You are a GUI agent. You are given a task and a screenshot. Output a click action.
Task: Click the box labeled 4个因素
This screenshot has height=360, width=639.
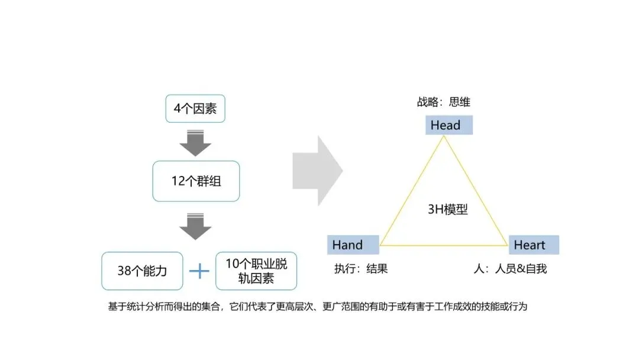[x=195, y=109]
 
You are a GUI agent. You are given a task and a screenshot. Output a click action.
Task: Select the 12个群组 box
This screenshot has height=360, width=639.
[x=196, y=181]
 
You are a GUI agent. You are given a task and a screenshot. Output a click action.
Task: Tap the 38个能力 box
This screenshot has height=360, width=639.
[x=142, y=272]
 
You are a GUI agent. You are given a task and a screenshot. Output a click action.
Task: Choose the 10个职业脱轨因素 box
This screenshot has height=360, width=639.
[x=256, y=271]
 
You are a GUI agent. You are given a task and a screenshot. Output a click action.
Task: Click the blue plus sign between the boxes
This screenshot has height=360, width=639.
[x=199, y=272]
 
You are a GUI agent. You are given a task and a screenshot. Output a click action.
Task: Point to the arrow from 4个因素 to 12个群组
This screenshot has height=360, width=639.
[x=195, y=143]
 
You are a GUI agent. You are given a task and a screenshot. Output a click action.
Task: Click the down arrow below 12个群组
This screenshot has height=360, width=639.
[x=195, y=226]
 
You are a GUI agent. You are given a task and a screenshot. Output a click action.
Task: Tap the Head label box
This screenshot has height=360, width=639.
[x=449, y=125]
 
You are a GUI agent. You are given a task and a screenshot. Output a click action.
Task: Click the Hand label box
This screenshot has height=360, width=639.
[x=353, y=245]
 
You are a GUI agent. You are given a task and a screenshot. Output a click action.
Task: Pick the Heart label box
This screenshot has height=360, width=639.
[x=533, y=245]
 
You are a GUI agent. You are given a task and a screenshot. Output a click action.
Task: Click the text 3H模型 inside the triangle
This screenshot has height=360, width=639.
[x=447, y=209]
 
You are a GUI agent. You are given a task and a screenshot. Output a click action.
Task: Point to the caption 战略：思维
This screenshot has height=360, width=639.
[x=444, y=102]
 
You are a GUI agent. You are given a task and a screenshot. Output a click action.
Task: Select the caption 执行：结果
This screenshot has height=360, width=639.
[x=361, y=268]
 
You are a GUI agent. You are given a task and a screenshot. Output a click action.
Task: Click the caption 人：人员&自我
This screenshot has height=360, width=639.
[x=510, y=268]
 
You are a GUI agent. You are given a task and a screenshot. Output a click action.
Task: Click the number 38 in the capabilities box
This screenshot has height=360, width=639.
[x=124, y=272]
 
